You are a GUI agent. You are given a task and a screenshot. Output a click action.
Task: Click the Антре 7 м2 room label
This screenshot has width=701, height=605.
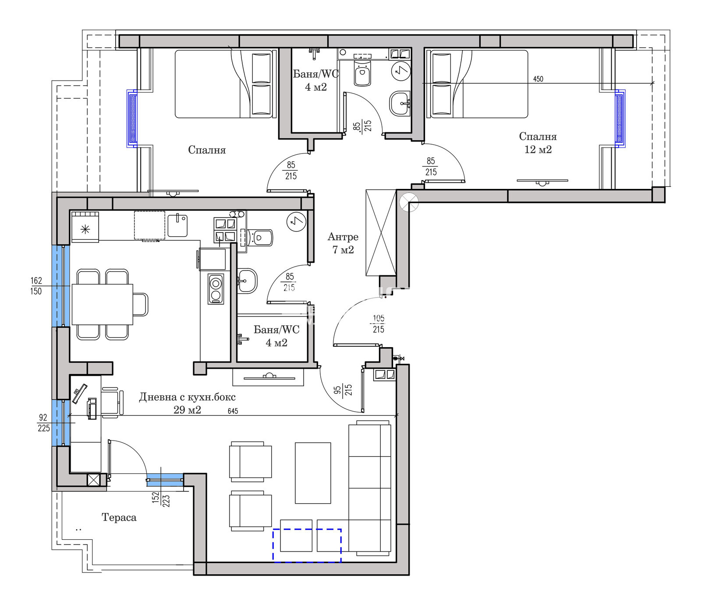click(343, 243)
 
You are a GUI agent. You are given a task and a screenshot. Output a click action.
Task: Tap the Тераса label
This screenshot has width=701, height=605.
click(119, 517)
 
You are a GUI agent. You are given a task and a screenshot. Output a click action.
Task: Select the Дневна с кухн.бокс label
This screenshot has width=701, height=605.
click(188, 397)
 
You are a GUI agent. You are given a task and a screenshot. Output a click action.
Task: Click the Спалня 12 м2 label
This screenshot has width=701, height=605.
click(538, 143)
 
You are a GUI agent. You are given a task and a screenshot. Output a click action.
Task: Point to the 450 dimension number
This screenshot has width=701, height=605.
click(538, 79)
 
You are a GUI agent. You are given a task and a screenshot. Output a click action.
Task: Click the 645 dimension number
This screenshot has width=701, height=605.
click(233, 411)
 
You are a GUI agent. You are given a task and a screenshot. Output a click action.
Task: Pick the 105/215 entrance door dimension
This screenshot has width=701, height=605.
click(379, 324)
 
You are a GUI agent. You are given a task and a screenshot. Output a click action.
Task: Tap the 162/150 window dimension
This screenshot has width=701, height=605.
click(36, 286)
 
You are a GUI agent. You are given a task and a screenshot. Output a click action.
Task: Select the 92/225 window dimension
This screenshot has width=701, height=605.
click(43, 423)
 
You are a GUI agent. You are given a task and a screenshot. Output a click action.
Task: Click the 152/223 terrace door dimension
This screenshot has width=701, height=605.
click(161, 499)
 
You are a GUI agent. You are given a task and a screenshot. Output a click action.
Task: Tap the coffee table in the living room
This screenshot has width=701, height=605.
click(313, 473)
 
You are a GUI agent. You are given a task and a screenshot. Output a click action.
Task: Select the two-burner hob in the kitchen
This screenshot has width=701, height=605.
click(216, 289)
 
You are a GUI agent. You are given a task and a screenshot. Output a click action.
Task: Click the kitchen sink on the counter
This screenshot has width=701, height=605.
click(178, 225)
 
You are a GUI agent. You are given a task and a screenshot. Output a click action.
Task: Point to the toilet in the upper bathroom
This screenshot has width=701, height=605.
click(362, 73)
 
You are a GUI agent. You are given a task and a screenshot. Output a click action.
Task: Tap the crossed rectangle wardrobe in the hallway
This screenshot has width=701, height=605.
click(381, 233)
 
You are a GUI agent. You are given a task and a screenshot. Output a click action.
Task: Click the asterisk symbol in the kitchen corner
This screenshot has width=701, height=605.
click(85, 229)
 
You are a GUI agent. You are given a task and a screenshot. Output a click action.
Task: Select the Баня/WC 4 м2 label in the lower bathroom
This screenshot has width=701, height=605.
click(276, 336)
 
